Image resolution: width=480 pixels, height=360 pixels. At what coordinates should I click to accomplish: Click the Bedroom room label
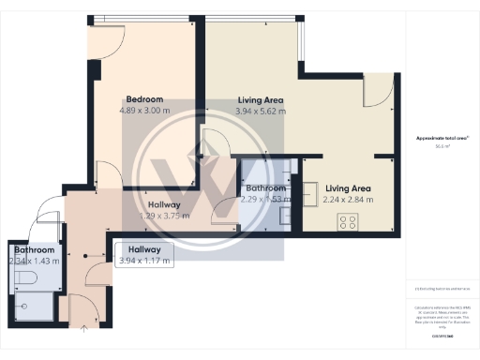(145, 99)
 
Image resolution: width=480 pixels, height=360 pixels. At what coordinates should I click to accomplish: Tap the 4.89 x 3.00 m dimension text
(145, 111)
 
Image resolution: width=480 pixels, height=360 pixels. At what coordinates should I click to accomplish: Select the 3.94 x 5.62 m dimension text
(261, 111)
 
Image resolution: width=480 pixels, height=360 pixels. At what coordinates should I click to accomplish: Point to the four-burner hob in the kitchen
(348, 222)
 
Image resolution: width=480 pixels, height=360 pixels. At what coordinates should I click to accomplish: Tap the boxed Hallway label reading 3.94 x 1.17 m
(144, 255)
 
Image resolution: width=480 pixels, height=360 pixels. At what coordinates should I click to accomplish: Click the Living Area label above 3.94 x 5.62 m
(261, 99)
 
